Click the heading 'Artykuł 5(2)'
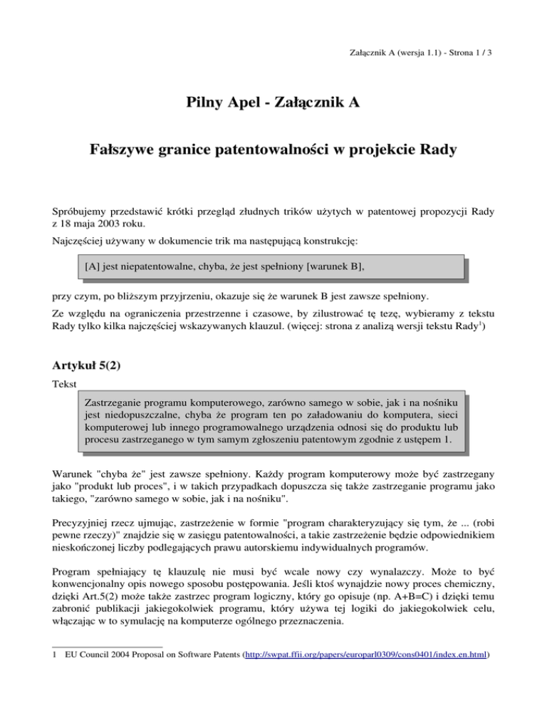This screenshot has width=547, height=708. pos(90,369)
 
